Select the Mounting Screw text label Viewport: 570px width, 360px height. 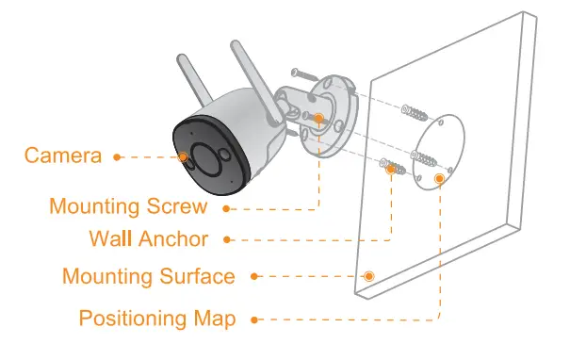tap(128, 205)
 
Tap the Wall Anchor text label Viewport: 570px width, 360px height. tap(148, 238)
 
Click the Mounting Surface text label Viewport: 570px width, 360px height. tap(148, 276)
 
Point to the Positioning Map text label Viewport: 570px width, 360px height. tap(157, 318)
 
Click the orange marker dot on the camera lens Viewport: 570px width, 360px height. tap(183, 156)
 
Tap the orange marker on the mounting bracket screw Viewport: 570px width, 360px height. tap(319, 119)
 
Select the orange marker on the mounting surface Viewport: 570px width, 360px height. tap(368, 276)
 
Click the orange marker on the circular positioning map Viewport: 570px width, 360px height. tap(438, 177)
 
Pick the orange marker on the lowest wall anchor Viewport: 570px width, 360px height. tap(388, 168)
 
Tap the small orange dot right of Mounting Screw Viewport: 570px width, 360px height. tap(224, 205)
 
